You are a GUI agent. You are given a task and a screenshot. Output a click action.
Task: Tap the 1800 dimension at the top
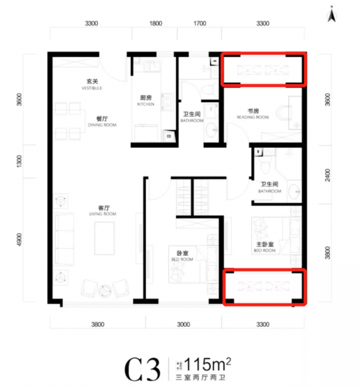point(155,24)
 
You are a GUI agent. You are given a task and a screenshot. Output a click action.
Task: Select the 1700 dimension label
point(200,24)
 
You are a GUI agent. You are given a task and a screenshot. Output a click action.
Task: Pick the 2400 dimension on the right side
point(327,174)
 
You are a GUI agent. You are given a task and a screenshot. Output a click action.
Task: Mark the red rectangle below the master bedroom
point(265,287)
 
